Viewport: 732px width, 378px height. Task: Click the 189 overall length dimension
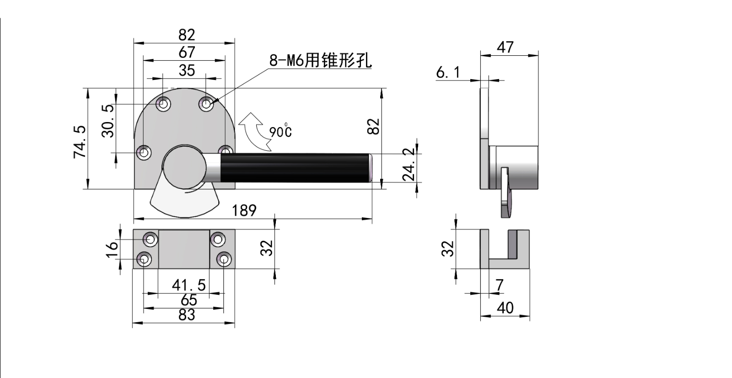[244, 211]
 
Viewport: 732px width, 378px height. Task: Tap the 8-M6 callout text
[321, 60]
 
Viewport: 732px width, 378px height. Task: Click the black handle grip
[295, 168]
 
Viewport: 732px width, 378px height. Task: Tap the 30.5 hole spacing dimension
[108, 121]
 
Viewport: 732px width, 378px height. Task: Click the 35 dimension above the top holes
[187, 70]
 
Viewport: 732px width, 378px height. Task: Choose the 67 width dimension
[187, 52]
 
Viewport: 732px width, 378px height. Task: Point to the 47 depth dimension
[505, 47]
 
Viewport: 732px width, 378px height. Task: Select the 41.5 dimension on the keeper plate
[188, 285]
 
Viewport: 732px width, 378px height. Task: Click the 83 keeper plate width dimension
[187, 315]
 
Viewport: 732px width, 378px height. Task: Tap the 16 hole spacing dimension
[112, 249]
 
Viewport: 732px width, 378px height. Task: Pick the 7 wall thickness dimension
[499, 285]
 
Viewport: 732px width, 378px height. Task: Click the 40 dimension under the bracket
[505, 308]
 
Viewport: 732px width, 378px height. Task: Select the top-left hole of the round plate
[163, 104]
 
